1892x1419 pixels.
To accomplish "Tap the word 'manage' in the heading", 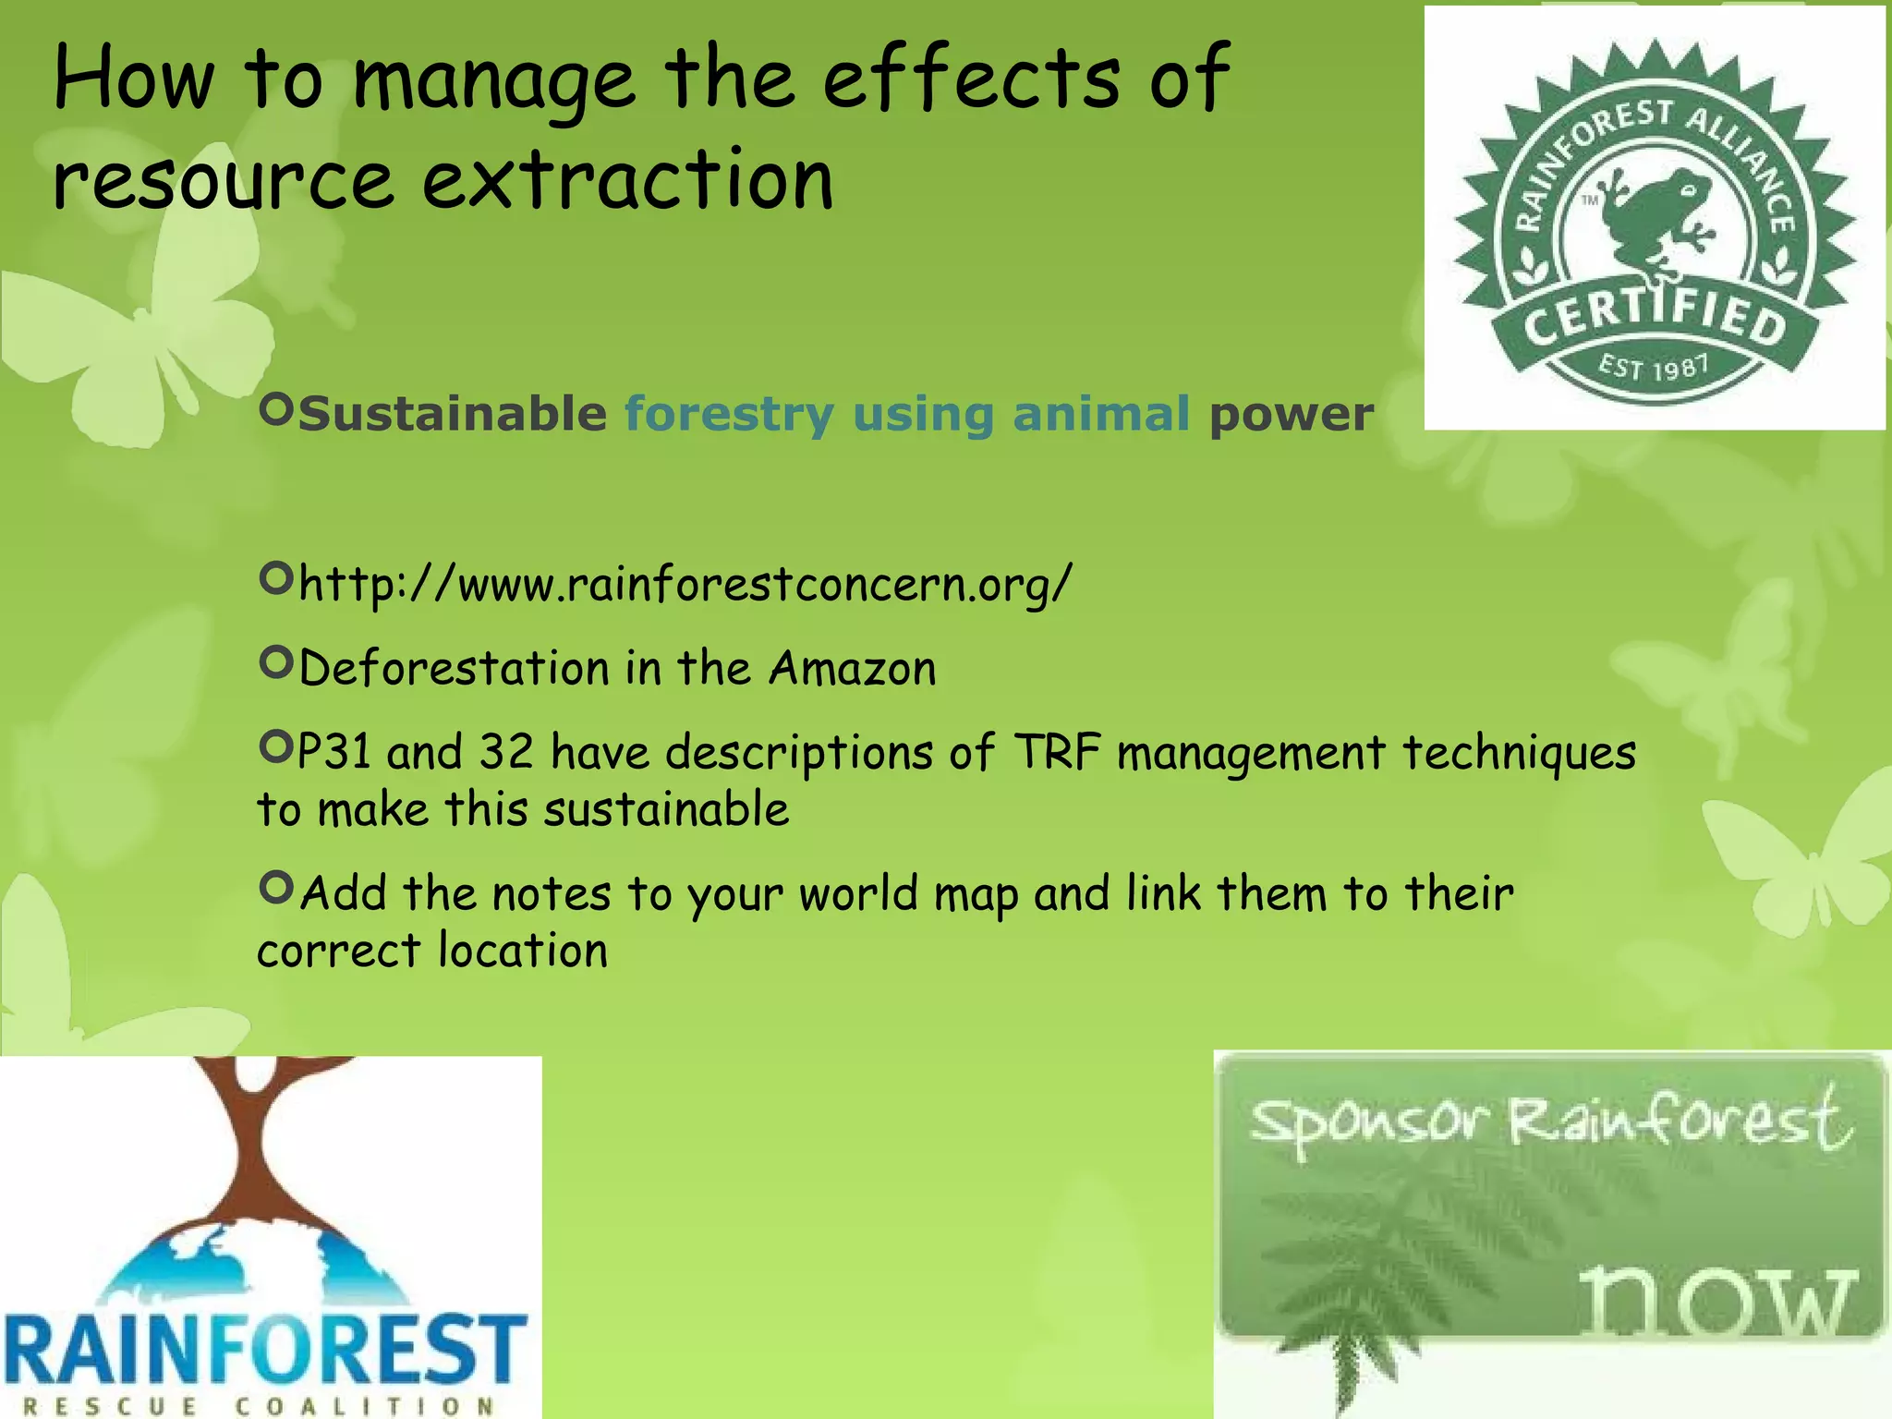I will (493, 81).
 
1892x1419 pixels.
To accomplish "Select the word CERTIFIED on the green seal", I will (1654, 319).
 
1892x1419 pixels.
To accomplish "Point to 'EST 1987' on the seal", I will (1654, 368).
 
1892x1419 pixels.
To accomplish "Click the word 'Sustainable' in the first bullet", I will (453, 414).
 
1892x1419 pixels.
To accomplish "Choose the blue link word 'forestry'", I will (730, 414).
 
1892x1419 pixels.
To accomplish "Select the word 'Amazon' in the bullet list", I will (853, 668).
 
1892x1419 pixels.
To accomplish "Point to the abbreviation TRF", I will (1057, 752).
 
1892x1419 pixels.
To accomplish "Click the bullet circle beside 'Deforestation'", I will (276, 661).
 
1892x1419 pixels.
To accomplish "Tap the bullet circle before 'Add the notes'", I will (276, 888).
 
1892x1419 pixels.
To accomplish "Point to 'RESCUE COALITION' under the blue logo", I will (259, 1406).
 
